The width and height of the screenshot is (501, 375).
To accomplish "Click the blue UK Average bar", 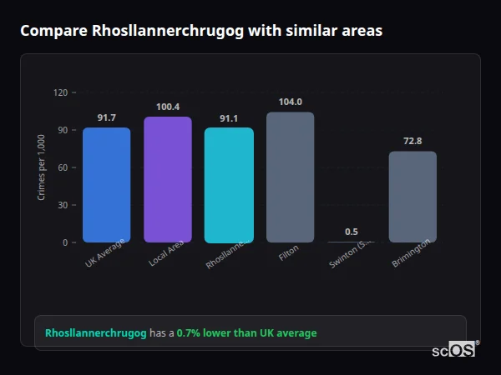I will [x=106, y=184].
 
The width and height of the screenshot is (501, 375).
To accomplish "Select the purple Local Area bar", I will [x=167, y=179].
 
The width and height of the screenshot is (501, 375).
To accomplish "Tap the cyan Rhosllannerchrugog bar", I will [x=229, y=184].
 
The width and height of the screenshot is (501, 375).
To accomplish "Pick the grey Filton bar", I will [x=290, y=177].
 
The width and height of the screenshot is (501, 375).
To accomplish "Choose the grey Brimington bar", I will [x=412, y=197].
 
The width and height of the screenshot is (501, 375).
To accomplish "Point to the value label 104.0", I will [x=290, y=102].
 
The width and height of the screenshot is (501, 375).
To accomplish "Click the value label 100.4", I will [x=167, y=107].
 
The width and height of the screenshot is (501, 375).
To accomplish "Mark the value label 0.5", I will [x=352, y=232].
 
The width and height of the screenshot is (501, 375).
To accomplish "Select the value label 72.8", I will [x=412, y=141].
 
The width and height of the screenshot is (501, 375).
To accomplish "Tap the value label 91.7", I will [x=106, y=117].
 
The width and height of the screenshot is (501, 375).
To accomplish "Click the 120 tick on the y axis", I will [x=60, y=92].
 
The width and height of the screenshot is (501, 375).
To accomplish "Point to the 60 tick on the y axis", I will [x=63, y=167].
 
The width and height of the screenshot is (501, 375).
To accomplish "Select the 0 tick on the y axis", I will [x=64, y=242].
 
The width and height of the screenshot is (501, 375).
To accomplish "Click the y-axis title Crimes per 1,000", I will [x=42, y=167].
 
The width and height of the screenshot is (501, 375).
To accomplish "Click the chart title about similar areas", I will [x=201, y=31].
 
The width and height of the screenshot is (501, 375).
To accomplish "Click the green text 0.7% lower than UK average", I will [x=246, y=333].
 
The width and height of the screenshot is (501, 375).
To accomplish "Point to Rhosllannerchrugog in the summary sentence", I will [x=96, y=333].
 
